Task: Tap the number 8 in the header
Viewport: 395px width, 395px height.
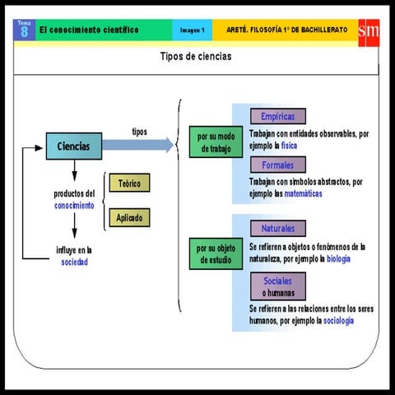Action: [24, 33]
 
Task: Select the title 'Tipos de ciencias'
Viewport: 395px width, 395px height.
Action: [196, 57]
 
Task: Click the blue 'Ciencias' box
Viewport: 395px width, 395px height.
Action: [73, 146]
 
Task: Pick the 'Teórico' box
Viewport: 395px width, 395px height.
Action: [129, 184]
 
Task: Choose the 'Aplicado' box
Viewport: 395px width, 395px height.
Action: [129, 218]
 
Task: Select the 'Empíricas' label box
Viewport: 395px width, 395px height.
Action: [277, 116]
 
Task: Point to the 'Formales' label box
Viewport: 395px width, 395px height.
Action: [277, 165]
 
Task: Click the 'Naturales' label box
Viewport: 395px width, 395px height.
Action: [277, 228]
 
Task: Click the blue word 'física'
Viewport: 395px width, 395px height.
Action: [289, 146]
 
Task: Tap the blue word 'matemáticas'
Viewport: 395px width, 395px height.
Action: [303, 194]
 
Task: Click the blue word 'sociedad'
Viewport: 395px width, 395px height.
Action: [73, 263]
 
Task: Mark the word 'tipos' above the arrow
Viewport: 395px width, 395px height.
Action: [140, 132]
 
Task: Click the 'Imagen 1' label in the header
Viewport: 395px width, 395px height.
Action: [193, 30]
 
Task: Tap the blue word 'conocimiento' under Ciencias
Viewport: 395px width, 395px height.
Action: [74, 205]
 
